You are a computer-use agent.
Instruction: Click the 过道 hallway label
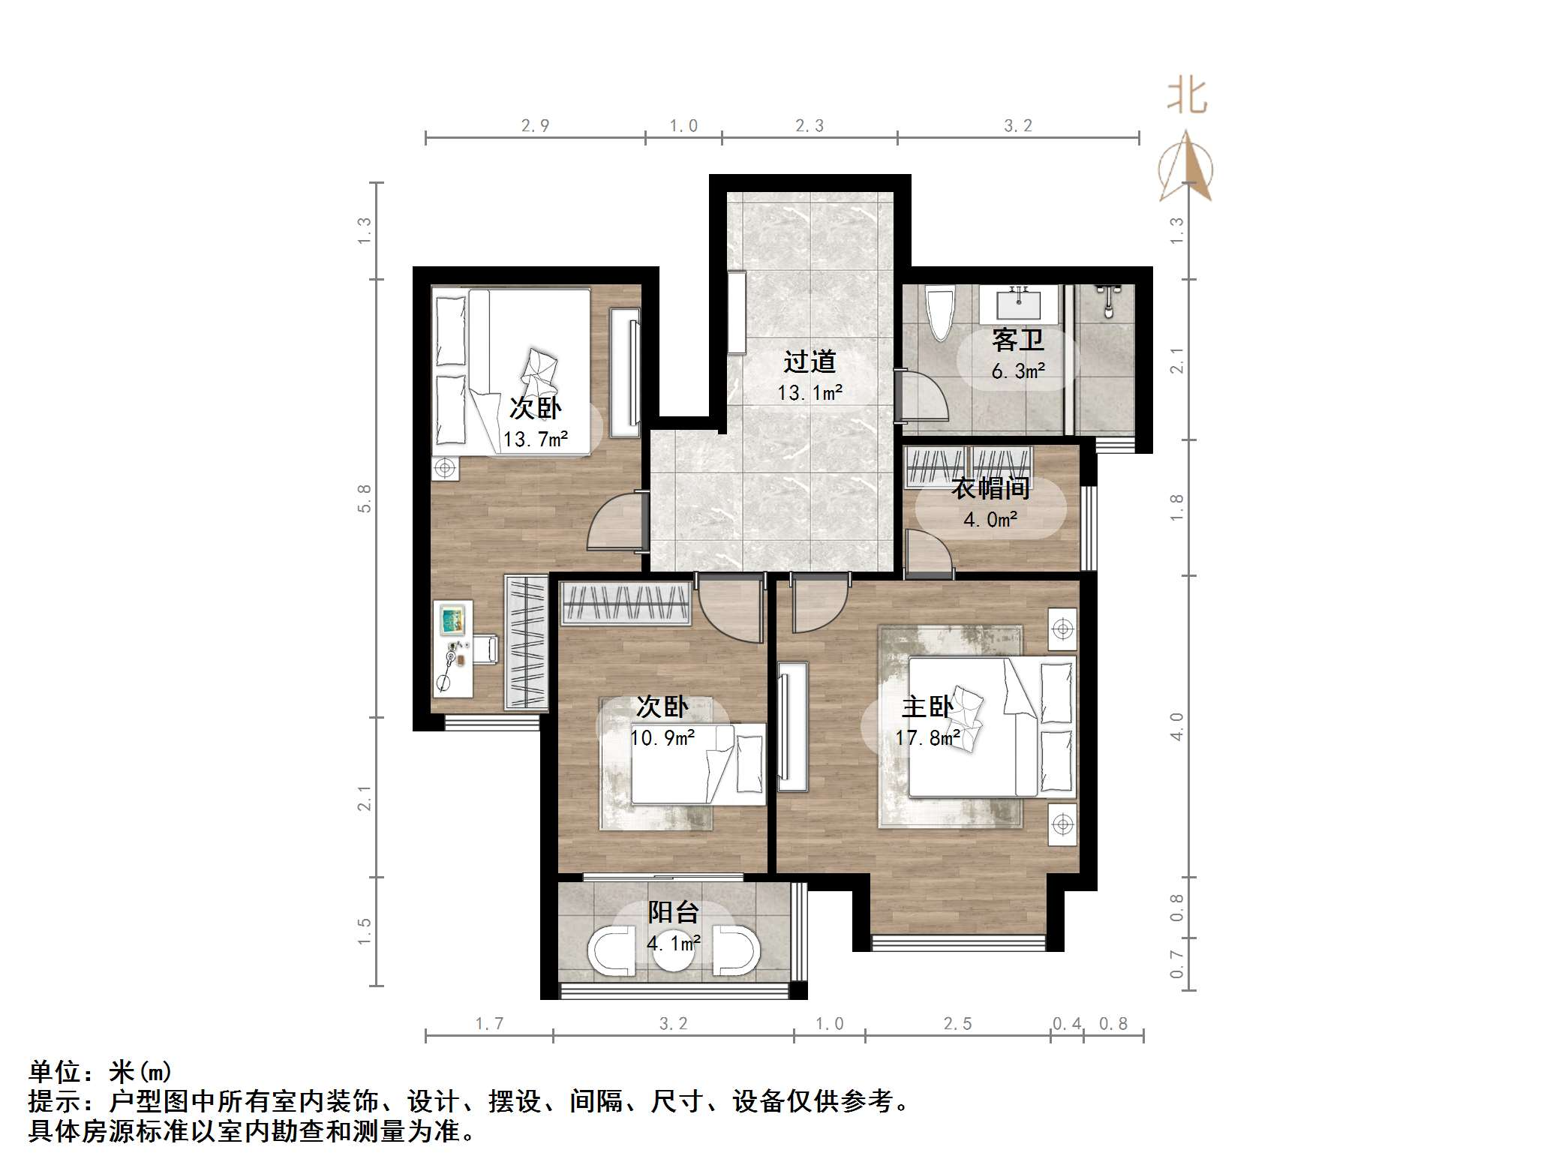tap(810, 362)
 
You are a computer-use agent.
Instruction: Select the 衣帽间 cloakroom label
tap(990, 488)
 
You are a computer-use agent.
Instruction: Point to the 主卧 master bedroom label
tap(927, 707)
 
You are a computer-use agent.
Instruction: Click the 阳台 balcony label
tap(673, 912)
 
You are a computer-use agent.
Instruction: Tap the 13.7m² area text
tap(535, 439)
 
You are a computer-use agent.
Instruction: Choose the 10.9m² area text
tap(662, 738)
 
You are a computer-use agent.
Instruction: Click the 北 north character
tap(1186, 97)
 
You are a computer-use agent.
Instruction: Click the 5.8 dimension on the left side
tap(365, 498)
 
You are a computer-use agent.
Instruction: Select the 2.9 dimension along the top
tap(535, 126)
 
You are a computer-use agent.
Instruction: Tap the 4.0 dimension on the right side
tap(1176, 726)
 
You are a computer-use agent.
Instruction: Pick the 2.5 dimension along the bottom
tap(957, 1024)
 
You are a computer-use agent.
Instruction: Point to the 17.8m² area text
tap(927, 738)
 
